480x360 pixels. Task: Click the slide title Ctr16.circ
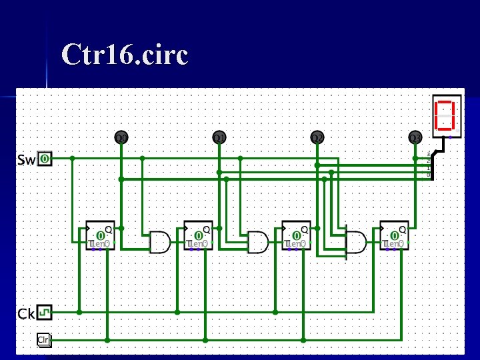[125, 55]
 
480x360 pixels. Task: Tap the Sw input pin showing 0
[44, 159]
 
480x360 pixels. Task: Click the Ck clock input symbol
[44, 311]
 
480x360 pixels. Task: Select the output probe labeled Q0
[121, 138]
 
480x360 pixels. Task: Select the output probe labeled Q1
[219, 138]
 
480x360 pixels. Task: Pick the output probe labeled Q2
[317, 138]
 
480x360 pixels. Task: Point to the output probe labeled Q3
[415, 138]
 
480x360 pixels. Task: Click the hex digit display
[447, 115]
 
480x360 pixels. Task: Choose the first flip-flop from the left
[101, 236]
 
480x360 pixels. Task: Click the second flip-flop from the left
[199, 236]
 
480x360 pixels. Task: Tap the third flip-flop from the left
[297, 236]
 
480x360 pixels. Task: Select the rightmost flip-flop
[395, 236]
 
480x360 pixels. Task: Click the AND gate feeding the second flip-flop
[160, 243]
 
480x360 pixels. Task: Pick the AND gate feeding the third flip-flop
[258, 243]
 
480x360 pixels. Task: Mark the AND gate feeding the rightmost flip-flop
[356, 243]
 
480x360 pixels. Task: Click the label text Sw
[26, 160]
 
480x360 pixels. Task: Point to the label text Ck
[26, 313]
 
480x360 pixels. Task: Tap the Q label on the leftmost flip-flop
[108, 229]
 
